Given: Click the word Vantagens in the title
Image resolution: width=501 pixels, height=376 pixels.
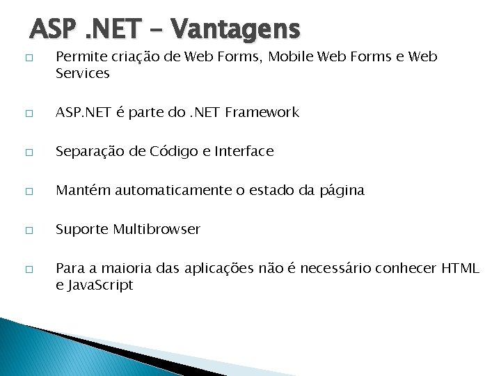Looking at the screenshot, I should pyautogui.click(x=235, y=29).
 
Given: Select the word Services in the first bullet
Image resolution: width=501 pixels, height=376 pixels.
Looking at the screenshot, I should pyautogui.click(x=83, y=73).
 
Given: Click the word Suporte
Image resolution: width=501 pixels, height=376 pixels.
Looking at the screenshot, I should pyautogui.click(x=81, y=229).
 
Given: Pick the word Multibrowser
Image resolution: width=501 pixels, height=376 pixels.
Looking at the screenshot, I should pyautogui.click(x=157, y=229).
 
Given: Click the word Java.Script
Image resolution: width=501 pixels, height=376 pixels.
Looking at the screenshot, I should pyautogui.click(x=100, y=285).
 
